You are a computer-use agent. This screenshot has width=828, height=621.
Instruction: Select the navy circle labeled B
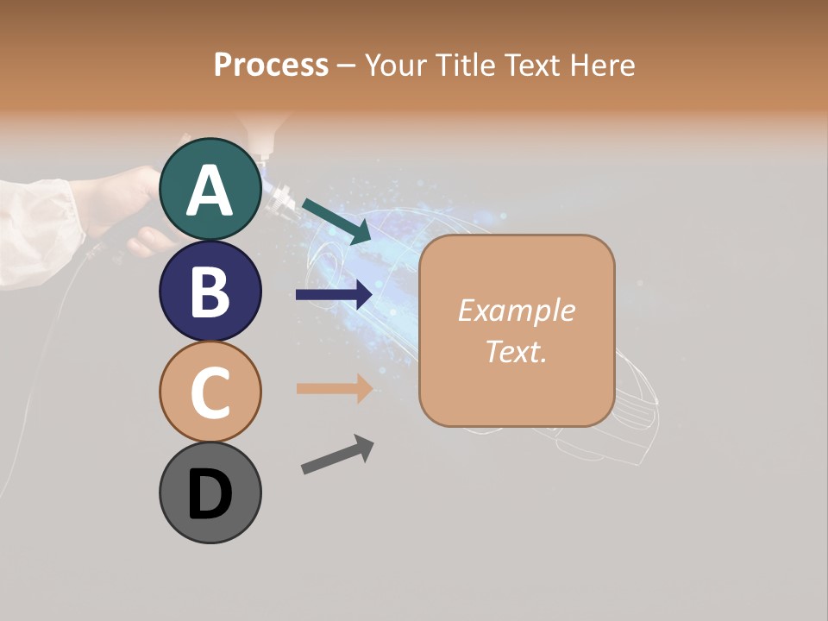click(x=210, y=291)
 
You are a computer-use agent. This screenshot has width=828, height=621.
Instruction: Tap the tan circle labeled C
click(x=210, y=392)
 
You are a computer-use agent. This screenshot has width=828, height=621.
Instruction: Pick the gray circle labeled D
click(x=210, y=492)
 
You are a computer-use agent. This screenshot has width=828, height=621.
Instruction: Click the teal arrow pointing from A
click(x=336, y=221)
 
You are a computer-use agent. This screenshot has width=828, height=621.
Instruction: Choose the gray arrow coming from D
click(x=337, y=455)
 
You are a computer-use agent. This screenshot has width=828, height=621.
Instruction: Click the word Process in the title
click(x=271, y=65)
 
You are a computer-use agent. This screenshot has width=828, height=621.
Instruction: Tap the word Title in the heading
click(x=464, y=65)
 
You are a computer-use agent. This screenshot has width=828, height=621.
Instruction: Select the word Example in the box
click(x=516, y=310)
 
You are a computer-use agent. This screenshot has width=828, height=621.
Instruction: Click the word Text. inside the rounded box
click(x=516, y=351)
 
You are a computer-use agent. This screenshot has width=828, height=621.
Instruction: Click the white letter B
click(x=210, y=291)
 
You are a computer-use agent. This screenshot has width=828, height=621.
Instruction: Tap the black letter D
click(x=210, y=494)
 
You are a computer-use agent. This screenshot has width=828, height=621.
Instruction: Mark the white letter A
click(x=210, y=190)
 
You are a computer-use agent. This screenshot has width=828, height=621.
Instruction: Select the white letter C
click(x=210, y=392)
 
